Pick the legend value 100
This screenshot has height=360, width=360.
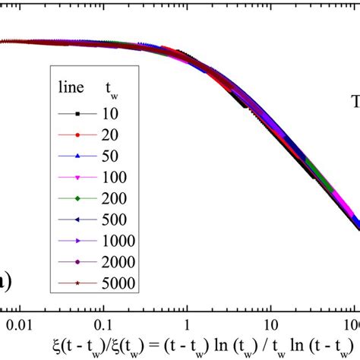pyautogui.click(x=115, y=177)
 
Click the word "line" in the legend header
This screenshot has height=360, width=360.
pyautogui.click(x=71, y=89)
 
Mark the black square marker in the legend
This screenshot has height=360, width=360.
pyautogui.click(x=76, y=113)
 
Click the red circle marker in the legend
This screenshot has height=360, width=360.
pyautogui.click(x=76, y=134)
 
